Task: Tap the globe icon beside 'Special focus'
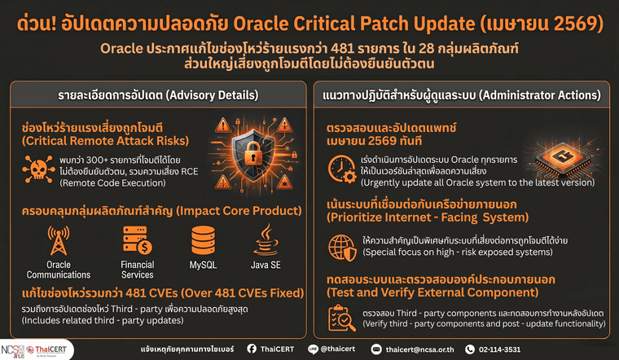[x=339, y=246]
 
